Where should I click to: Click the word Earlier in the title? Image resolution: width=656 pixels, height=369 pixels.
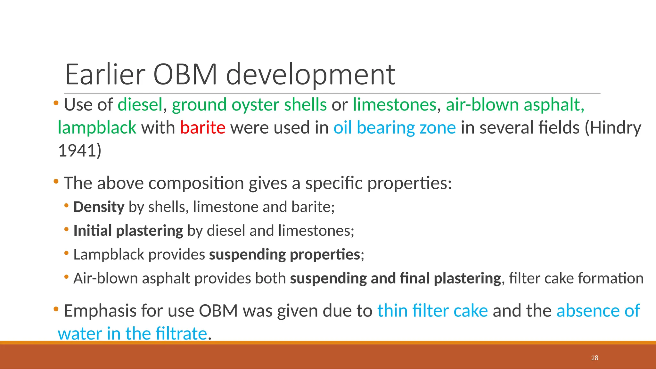click(105, 74)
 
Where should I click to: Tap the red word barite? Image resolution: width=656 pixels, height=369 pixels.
click(202, 127)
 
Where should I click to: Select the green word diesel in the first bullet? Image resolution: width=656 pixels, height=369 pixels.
click(140, 105)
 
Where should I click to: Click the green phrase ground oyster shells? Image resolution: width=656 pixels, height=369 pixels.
click(249, 105)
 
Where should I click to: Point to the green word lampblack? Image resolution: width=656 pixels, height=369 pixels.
click(97, 127)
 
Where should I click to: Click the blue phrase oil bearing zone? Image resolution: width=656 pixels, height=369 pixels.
click(394, 127)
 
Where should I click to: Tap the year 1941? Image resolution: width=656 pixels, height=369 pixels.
click(77, 151)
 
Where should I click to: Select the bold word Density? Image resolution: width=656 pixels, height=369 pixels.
click(99, 207)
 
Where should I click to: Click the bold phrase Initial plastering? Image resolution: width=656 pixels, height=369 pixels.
click(128, 231)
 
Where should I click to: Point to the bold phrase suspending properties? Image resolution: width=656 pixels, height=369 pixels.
click(284, 254)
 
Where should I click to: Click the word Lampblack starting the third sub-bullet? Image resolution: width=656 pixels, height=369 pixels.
click(109, 254)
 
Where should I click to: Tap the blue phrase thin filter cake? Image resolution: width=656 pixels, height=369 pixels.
click(432, 311)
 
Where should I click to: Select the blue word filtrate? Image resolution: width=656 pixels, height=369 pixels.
click(181, 333)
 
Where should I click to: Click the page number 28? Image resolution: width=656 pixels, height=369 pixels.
click(594, 358)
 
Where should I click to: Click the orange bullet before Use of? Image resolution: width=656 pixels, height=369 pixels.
click(56, 103)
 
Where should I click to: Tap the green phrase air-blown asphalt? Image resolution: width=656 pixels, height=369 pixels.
click(515, 105)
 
